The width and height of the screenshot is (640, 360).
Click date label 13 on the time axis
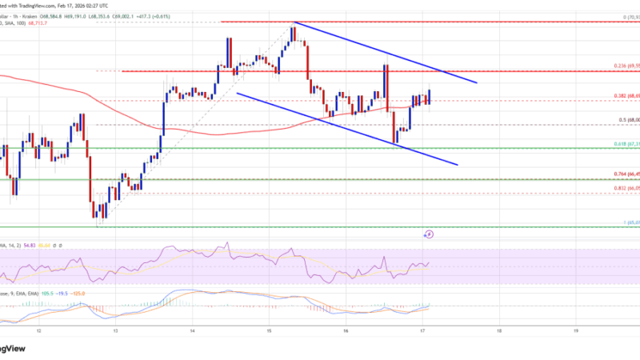pyautogui.click(x=116, y=329)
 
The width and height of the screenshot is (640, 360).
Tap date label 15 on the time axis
pyautogui.click(x=270, y=329)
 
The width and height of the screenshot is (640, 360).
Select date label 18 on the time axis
pyautogui.click(x=498, y=329)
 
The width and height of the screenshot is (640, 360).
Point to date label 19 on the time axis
pyautogui.click(x=575, y=329)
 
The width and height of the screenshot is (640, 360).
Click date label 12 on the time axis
pyautogui.click(x=40, y=329)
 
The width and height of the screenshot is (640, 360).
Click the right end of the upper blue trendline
pyautogui.click(x=477, y=82)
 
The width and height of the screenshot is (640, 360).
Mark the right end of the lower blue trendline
pyautogui.click(x=458, y=164)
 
